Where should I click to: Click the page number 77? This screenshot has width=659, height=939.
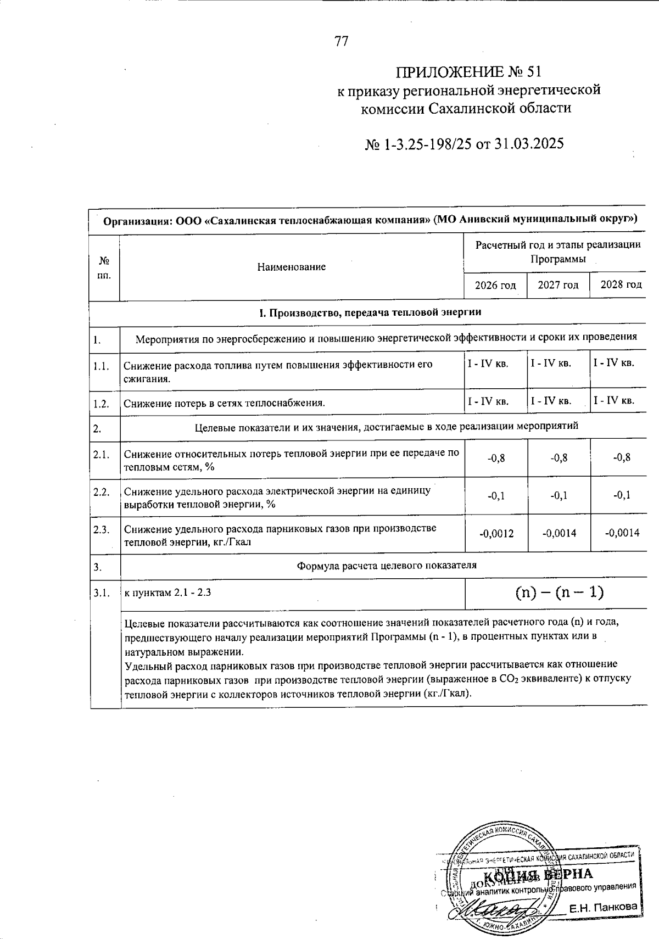(x=341, y=42)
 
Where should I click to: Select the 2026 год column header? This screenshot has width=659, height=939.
(x=496, y=285)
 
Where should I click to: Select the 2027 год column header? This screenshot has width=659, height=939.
(x=558, y=285)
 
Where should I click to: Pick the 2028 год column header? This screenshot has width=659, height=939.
(x=621, y=285)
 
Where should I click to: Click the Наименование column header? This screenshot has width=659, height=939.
(x=292, y=267)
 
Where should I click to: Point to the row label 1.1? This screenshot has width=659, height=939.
(x=102, y=366)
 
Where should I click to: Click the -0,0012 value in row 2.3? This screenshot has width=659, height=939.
(x=496, y=533)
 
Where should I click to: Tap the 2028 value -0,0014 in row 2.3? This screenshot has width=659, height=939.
(x=622, y=533)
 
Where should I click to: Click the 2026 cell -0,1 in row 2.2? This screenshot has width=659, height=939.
(x=496, y=495)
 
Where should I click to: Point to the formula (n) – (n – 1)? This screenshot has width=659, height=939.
(x=559, y=592)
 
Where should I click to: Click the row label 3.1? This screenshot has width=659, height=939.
(x=102, y=593)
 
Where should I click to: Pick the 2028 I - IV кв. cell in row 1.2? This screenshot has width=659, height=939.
(x=614, y=401)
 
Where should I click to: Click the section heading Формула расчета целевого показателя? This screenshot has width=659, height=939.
(x=387, y=565)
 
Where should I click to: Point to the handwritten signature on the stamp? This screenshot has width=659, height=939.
(x=488, y=912)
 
